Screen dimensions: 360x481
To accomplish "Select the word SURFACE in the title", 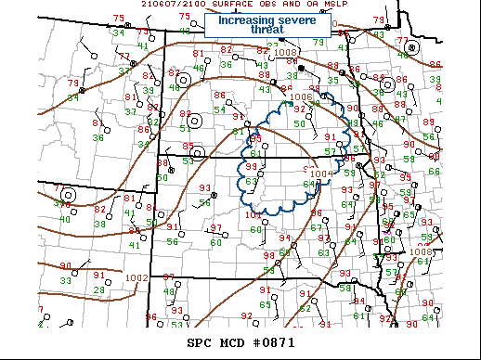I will coord(227,4).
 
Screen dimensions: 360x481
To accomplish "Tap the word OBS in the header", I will coord(266,4).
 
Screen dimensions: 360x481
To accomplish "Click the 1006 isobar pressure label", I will coord(301,97).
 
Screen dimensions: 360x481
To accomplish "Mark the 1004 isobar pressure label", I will coord(320,174).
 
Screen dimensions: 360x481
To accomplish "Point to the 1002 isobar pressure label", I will coord(136,277).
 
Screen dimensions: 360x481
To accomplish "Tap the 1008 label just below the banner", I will coord(285,52).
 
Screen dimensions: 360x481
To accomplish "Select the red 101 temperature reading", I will coord(253,215).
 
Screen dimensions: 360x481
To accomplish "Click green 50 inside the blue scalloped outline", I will coord(299,123).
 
